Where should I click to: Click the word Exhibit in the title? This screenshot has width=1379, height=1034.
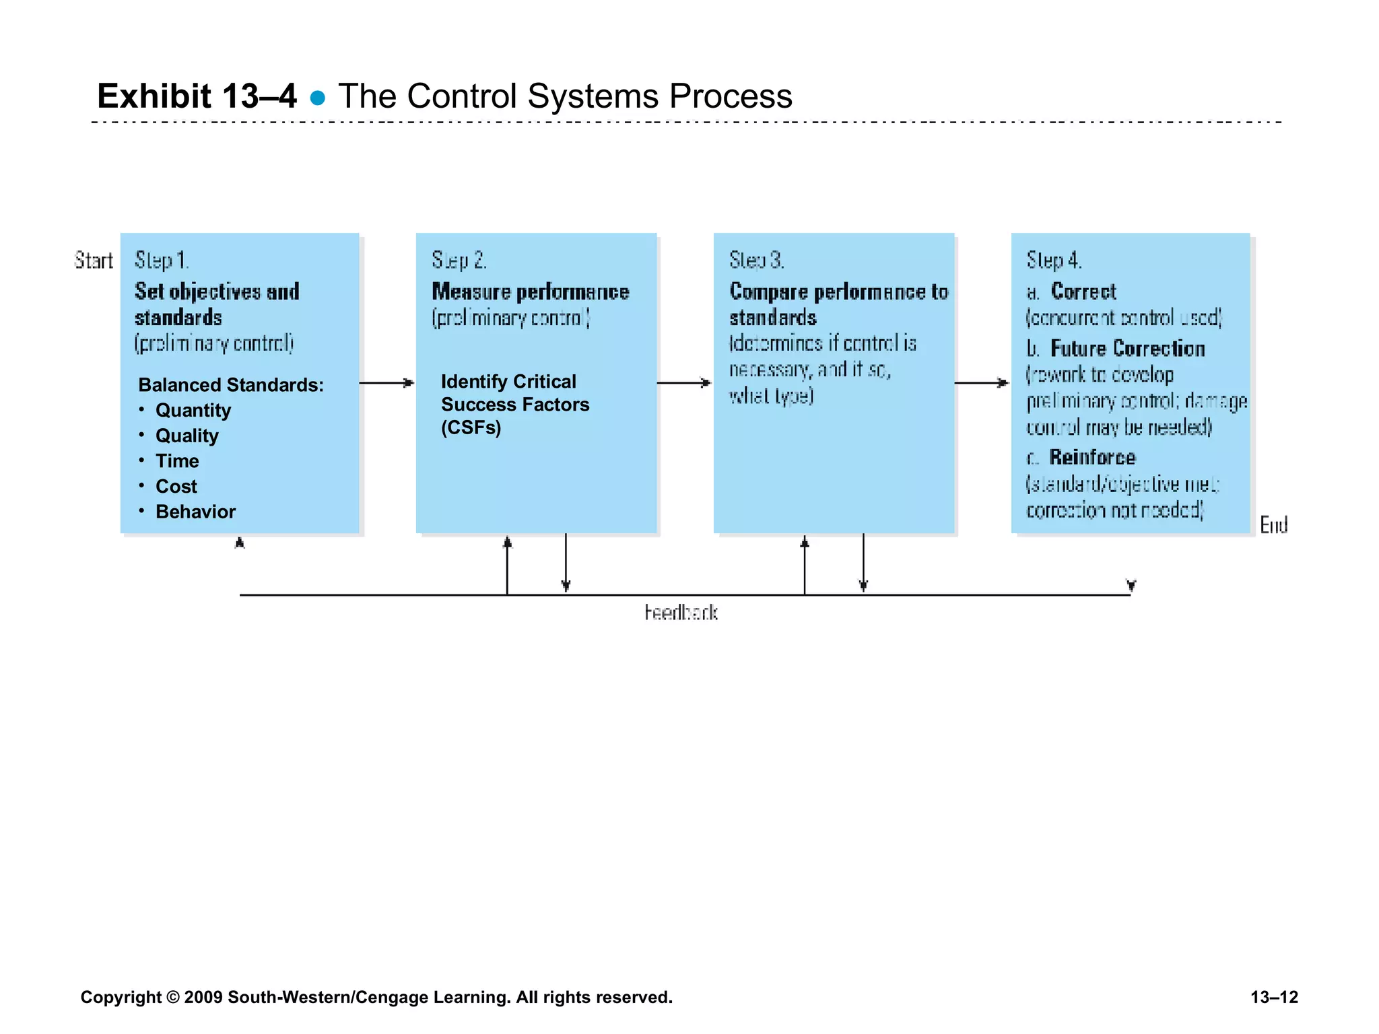[154, 96]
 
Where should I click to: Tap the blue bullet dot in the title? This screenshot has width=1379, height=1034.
[317, 99]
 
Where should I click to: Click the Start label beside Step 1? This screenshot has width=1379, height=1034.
[93, 261]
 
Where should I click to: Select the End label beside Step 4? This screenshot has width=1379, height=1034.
[1273, 524]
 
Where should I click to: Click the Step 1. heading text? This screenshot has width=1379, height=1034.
[162, 261]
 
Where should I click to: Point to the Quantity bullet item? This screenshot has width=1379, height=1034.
[193, 410]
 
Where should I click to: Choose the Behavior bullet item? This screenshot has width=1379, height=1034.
[195, 512]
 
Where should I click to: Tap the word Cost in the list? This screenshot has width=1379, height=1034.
[176, 486]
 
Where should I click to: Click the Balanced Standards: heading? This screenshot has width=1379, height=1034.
[230, 384]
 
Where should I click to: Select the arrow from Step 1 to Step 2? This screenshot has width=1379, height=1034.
[387, 383]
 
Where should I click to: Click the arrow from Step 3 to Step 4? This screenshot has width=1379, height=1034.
[982, 383]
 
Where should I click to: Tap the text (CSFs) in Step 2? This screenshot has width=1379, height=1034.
[471, 427]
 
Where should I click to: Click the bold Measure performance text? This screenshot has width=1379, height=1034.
[530, 291]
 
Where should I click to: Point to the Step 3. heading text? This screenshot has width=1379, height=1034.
[756, 261]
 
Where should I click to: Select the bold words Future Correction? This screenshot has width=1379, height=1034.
[1127, 349]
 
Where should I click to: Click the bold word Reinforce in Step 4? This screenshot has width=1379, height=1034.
[1091, 458]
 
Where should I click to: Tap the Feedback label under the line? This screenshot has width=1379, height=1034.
[680, 613]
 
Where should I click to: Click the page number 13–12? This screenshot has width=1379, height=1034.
[1273, 997]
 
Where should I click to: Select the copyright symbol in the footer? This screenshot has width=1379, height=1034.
[172, 997]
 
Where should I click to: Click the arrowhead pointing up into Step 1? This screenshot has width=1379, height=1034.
[239, 543]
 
